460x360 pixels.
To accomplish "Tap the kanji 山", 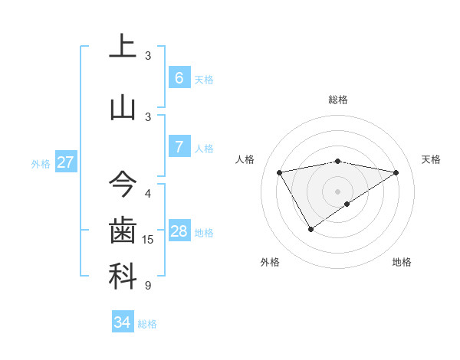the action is pyautogui.click(x=123, y=107).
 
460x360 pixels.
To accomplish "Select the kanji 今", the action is pyautogui.click(x=123, y=185).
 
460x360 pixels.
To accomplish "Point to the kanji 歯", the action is pyautogui.click(x=123, y=231).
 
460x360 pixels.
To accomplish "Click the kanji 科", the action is pyautogui.click(x=123, y=277).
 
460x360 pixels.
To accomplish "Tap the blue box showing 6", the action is pyautogui.click(x=179, y=78).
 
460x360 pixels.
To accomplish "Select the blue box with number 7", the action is pyautogui.click(x=179, y=147).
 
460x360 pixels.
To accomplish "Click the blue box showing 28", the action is pyautogui.click(x=179, y=232).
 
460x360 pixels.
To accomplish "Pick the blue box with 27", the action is pyautogui.click(x=65, y=162).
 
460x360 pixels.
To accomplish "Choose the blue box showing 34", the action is pyautogui.click(x=123, y=322).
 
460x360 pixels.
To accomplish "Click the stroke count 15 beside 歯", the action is pyautogui.click(x=148, y=240).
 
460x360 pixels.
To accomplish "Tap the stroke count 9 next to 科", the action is pyautogui.click(x=148, y=286).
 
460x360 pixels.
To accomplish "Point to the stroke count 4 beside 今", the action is pyautogui.click(x=148, y=194).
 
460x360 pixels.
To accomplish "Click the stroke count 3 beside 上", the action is pyautogui.click(x=148, y=55).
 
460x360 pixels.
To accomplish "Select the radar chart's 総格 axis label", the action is pyautogui.click(x=337, y=100).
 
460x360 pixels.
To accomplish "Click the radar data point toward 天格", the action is pyautogui.click(x=396, y=172).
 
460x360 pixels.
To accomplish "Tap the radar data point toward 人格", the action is pyautogui.click(x=280, y=172).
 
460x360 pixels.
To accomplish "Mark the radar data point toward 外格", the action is pyautogui.click(x=310, y=228).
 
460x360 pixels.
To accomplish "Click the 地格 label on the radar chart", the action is pyautogui.click(x=402, y=262).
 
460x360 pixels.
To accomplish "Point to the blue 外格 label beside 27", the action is pyautogui.click(x=41, y=163).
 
